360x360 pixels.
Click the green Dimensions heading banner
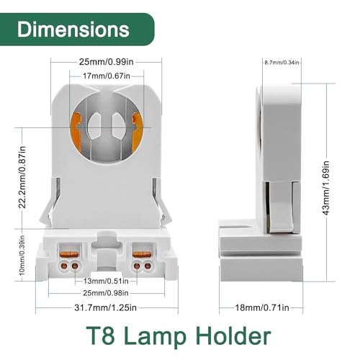77,30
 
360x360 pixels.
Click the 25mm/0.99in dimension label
107,62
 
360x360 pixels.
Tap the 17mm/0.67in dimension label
107,76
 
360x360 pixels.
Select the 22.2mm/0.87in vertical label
22,177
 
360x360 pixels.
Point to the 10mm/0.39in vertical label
22,255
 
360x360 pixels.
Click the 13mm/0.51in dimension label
106,281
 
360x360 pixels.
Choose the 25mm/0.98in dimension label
106,293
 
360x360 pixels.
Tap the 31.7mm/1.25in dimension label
105,307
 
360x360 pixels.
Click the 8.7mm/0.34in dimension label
282,63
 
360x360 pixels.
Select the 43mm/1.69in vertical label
325,188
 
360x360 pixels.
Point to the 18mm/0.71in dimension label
262,307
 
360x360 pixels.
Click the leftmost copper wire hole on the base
65,266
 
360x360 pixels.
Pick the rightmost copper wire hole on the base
148,266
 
